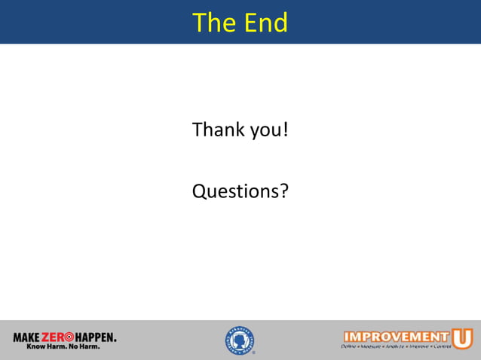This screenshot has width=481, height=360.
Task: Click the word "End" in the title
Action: (265, 23)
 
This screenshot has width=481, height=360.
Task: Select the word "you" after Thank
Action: (265, 131)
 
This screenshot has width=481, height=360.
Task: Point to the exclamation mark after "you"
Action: (286, 130)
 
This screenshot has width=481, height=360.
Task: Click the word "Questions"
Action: (236, 191)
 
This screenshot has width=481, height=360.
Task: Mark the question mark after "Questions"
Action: (284, 191)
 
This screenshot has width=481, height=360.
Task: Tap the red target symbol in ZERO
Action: (69, 337)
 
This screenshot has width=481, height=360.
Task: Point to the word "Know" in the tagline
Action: (36, 347)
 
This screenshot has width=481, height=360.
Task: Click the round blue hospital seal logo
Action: (239, 340)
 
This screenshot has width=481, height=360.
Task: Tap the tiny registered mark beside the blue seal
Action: (254, 352)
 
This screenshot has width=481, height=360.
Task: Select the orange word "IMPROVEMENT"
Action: (396, 336)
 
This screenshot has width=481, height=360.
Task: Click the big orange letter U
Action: (462, 337)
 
